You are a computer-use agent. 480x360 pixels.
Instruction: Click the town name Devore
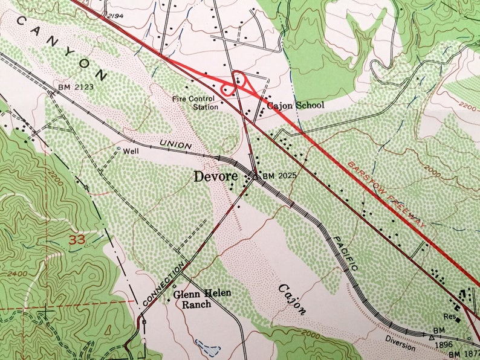tap(218, 177)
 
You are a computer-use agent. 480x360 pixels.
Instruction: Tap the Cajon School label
tap(296, 106)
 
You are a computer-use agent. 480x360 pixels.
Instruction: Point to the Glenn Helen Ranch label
tap(202, 299)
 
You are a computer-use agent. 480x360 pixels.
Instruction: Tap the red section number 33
tap(77, 239)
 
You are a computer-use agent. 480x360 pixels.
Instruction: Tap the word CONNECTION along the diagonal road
tap(164, 284)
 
